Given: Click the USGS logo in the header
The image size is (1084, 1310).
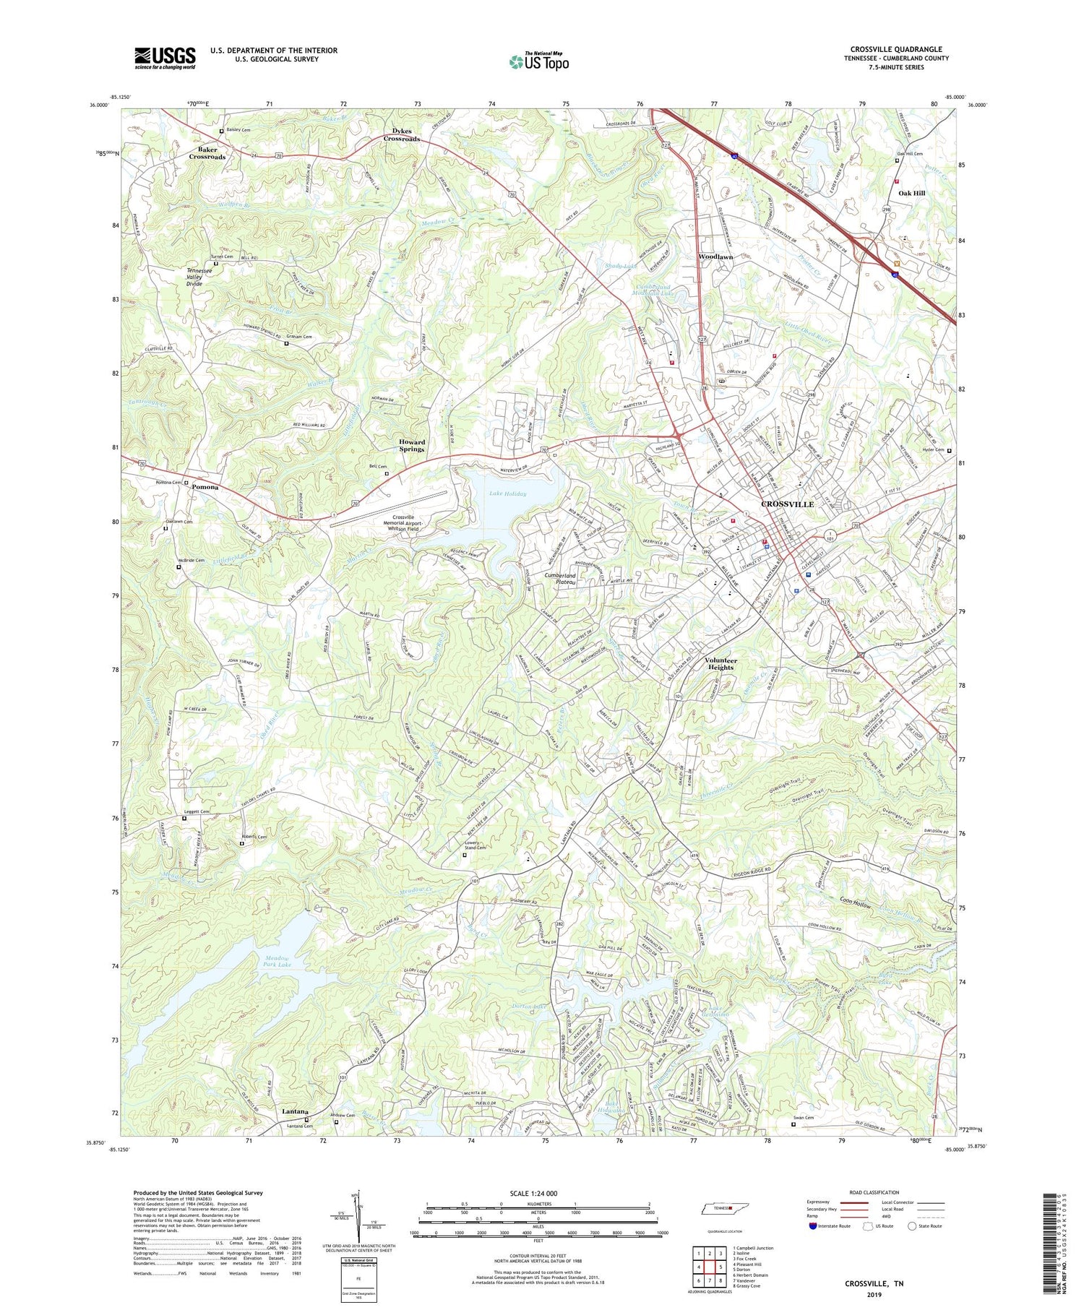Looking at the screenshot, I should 165,58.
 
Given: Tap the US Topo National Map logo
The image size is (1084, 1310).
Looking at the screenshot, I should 538,61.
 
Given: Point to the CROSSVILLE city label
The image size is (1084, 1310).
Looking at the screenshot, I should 787,504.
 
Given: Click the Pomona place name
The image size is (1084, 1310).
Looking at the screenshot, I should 205,487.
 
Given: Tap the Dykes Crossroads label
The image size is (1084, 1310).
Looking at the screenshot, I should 401,134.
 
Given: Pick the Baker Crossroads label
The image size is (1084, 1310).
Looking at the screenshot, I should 207,152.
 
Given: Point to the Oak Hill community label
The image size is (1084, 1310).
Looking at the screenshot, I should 911,193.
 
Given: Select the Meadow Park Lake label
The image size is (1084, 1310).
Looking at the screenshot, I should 273,961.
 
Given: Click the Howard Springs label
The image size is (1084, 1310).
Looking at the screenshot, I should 412,445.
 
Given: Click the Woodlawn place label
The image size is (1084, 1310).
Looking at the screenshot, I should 715,257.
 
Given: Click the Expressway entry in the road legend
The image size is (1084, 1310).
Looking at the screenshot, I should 820,1202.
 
